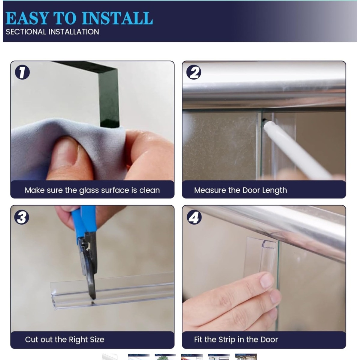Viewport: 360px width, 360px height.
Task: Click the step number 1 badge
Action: (22, 72)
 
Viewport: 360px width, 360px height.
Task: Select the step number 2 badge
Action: (194, 72)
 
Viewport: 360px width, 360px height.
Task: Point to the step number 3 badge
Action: (22, 217)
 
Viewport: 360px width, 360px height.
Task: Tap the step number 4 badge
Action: (194, 217)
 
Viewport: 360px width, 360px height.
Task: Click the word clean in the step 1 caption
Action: (150, 190)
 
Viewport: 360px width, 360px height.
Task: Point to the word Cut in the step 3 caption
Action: (32, 339)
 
